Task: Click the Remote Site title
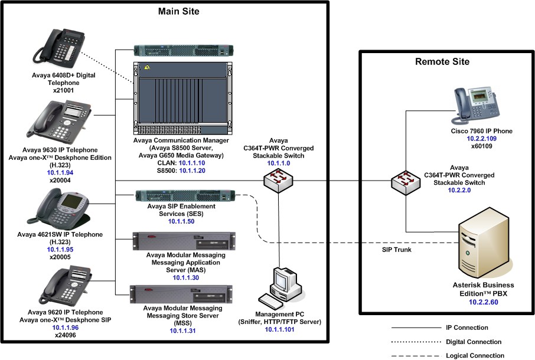pyautogui.click(x=442, y=61)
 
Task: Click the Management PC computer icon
pyautogui.click(x=287, y=286)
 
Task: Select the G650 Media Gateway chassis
pyautogui.click(x=182, y=97)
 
